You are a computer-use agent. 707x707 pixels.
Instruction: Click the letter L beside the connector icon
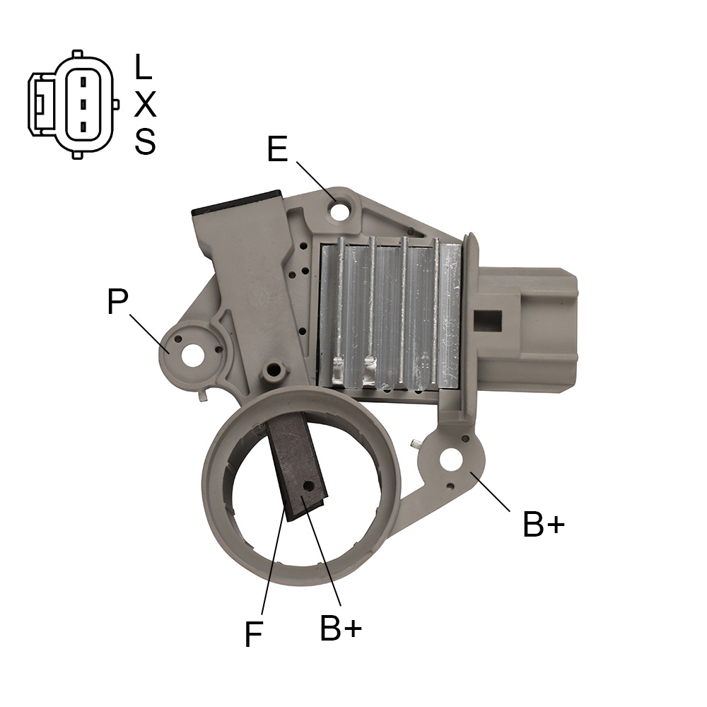[x=143, y=66]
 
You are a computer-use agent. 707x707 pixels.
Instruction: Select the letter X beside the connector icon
[x=145, y=104]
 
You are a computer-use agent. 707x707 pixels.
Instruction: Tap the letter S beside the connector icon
[x=145, y=141]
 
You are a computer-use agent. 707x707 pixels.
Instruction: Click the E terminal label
[x=278, y=148]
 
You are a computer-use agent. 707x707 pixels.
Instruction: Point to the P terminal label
[x=117, y=301]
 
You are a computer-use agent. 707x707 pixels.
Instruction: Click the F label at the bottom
[x=253, y=634]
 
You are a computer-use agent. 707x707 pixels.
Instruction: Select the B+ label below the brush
[x=341, y=628]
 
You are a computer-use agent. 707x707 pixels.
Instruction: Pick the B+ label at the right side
[x=544, y=524]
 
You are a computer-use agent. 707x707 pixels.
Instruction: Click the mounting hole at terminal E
[x=339, y=212]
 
